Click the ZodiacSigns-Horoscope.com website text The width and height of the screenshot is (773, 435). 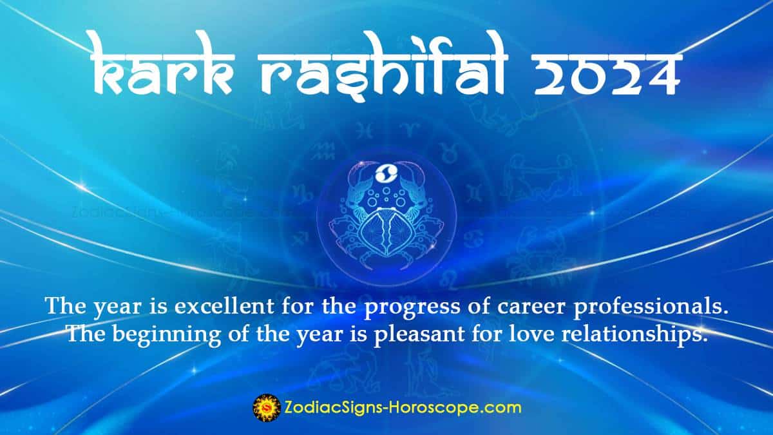(x=403, y=407)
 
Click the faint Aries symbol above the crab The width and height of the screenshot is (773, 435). (x=406, y=131)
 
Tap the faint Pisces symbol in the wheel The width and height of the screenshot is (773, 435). (x=365, y=132)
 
